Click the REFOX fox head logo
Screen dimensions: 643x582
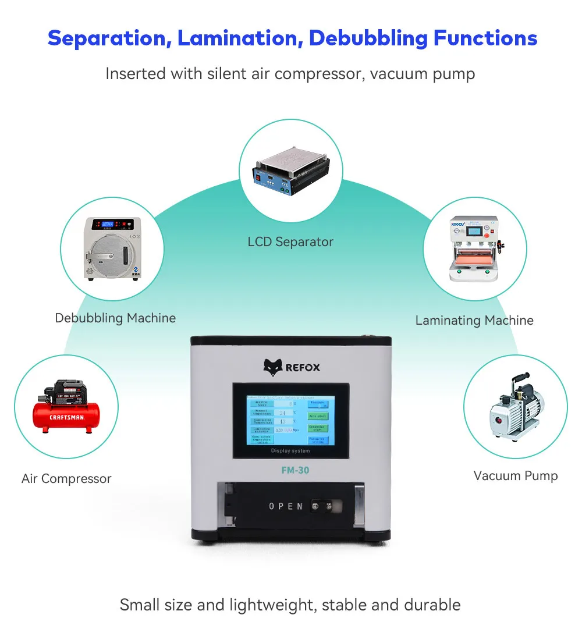coord(272,367)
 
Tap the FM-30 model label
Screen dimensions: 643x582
coord(290,471)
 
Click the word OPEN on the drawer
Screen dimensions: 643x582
coord(286,506)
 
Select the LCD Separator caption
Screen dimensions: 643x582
coord(290,241)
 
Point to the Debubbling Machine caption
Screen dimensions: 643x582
coord(115,318)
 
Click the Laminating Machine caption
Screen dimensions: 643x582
coord(474,320)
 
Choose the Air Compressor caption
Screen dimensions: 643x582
coord(66,479)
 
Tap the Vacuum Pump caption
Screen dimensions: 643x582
coord(515,475)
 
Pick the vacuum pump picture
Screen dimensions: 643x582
coord(515,407)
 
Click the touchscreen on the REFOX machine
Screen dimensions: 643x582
coord(290,421)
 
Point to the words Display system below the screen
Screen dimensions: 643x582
coord(290,451)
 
